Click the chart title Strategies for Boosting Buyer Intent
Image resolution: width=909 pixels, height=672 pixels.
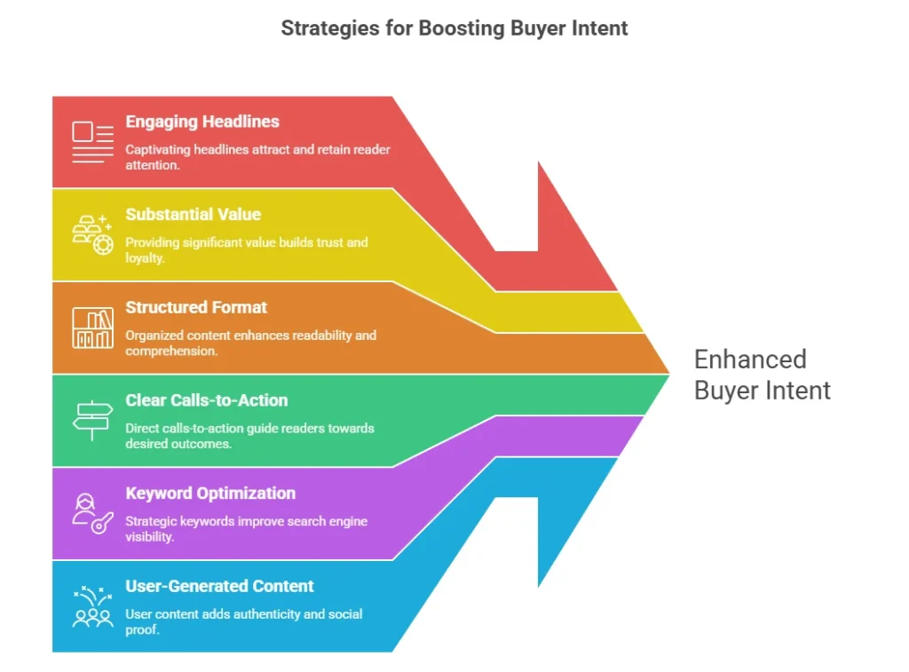(x=454, y=28)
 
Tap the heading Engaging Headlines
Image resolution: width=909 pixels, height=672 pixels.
(x=202, y=122)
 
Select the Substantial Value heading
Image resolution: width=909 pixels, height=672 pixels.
(x=194, y=214)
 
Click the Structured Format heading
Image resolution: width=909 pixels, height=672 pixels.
(x=196, y=307)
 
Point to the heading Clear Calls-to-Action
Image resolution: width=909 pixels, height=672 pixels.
(x=207, y=400)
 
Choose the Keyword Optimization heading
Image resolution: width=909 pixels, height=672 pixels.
(x=210, y=493)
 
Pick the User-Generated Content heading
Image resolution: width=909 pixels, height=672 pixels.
(x=219, y=586)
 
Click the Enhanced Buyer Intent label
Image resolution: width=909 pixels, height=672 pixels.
(x=762, y=375)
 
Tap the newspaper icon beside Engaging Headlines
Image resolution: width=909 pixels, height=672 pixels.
(x=92, y=142)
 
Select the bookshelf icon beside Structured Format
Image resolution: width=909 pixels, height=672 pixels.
(x=92, y=328)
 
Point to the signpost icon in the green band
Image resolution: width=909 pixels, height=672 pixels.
(x=92, y=421)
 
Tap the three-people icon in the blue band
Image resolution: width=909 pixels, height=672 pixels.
(x=92, y=606)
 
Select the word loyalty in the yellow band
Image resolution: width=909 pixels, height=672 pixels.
(x=146, y=257)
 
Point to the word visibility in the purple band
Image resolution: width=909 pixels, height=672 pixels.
(x=150, y=536)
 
